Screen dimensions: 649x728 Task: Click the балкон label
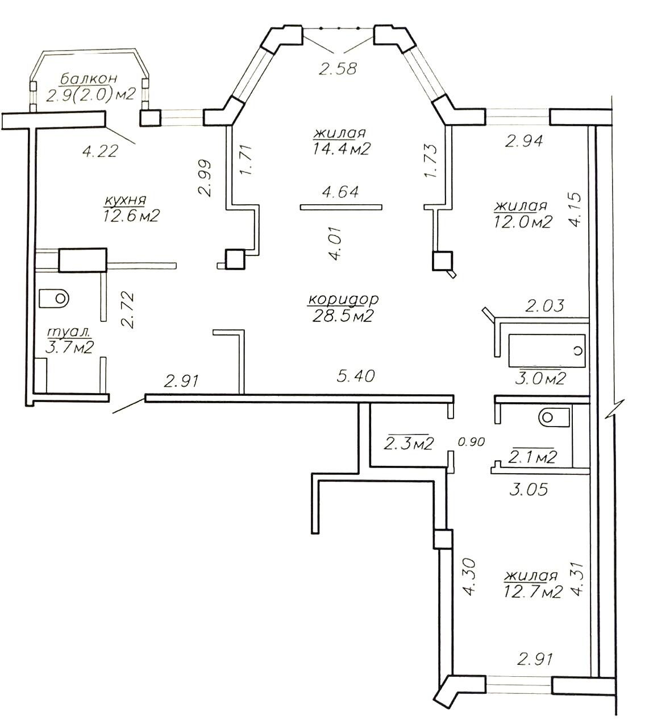coord(89,78)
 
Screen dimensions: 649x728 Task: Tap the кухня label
coord(124,200)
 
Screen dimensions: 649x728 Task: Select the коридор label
coord(343,299)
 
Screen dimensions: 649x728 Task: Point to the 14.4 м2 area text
coord(341,148)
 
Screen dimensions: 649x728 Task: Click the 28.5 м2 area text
coord(342,316)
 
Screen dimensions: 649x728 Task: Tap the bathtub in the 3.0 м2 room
coord(547,351)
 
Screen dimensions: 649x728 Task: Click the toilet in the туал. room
coord(54,297)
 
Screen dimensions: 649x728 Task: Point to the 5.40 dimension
coord(356,376)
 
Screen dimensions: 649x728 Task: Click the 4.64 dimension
coord(340,192)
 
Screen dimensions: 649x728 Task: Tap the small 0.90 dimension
coord(472,441)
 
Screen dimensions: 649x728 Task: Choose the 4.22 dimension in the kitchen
coord(99,151)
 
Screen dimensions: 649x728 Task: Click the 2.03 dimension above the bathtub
coord(544,306)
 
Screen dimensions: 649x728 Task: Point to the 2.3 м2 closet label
coord(409,444)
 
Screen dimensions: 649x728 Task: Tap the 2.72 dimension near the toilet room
coord(127,310)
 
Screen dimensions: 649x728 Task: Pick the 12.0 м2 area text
coord(523,222)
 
